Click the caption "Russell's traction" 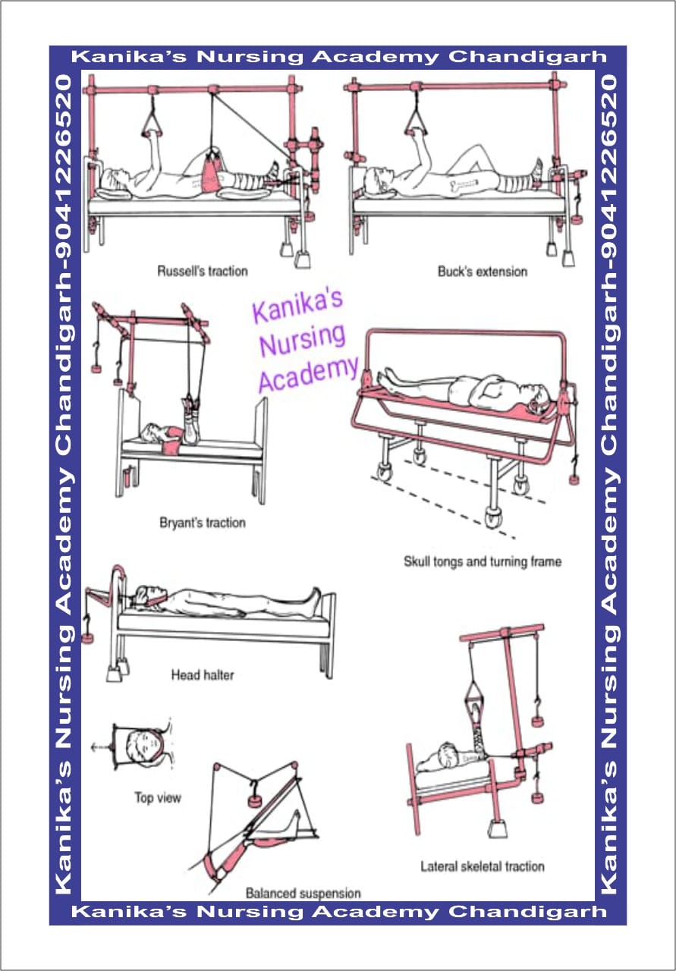(203, 272)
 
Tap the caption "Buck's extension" (483, 272)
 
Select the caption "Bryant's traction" (203, 523)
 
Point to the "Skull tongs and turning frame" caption (483, 562)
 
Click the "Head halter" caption (203, 675)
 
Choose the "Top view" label (157, 798)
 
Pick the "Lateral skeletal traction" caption (483, 866)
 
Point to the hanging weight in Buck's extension (577, 219)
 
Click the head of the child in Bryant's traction (152, 432)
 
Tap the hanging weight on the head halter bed (90, 639)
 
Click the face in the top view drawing (141, 746)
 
